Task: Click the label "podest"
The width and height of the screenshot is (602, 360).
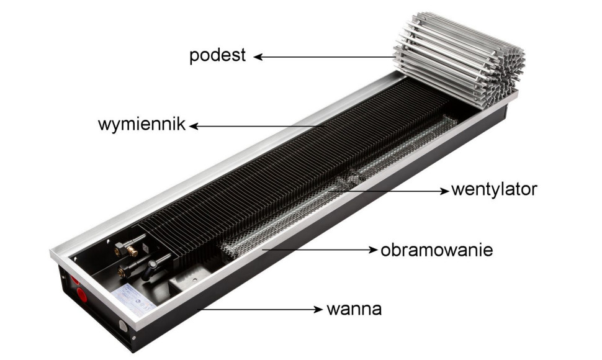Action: [217, 56]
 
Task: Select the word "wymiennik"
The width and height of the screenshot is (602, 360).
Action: [142, 125]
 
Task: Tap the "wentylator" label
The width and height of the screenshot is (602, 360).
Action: [494, 189]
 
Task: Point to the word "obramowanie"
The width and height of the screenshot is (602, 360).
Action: [436, 250]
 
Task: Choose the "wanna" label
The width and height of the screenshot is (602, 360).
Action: [354, 309]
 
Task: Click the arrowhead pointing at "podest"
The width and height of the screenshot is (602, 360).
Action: [258, 57]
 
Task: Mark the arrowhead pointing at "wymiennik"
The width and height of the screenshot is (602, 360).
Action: [194, 126]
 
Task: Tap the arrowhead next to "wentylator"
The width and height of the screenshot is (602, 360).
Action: [444, 191]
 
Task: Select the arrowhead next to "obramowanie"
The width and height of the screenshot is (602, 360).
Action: [373, 250]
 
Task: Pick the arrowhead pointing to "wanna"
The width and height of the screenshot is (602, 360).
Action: [318, 309]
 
